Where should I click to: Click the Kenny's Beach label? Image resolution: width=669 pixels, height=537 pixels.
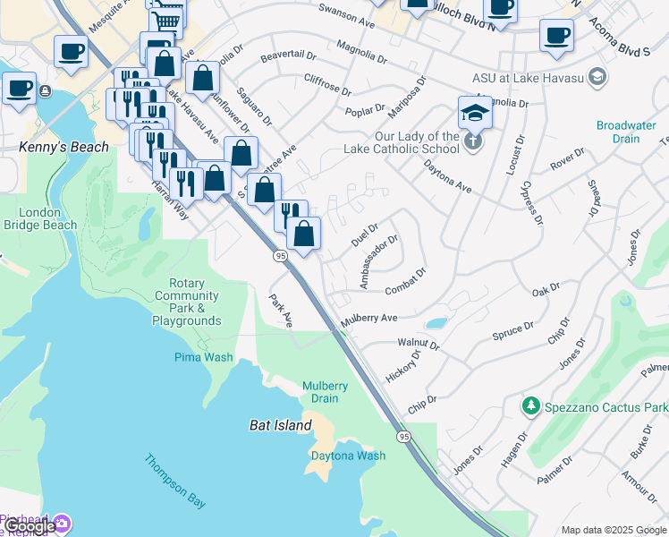tap(64, 147)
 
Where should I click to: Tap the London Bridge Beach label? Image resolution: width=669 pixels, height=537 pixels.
tap(47, 219)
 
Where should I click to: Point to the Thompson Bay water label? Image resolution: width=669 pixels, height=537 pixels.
tap(175, 482)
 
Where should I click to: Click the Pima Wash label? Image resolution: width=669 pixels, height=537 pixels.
tap(203, 357)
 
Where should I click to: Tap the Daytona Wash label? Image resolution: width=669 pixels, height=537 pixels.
tap(348, 456)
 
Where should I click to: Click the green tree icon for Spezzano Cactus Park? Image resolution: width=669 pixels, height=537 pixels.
tap(531, 406)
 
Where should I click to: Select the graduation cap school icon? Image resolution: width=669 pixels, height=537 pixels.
tap(476, 113)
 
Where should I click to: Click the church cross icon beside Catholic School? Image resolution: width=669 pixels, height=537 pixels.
tap(473, 141)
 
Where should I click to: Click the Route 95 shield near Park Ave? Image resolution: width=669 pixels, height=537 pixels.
tap(280, 257)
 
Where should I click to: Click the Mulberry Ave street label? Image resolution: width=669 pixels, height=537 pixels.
tap(368, 319)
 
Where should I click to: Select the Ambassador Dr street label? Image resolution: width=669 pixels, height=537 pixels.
tap(378, 261)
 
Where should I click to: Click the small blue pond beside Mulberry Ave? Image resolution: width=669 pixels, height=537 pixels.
tap(436, 323)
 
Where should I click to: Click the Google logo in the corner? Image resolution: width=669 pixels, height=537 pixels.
tap(29, 526)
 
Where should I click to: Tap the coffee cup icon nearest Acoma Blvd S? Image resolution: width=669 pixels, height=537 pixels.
tap(556, 36)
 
